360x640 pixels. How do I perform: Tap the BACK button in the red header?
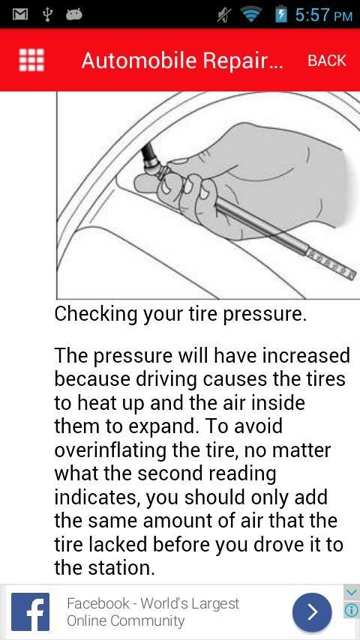(x=327, y=61)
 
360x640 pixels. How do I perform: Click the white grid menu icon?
(x=31, y=60)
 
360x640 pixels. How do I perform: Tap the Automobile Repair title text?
(x=182, y=61)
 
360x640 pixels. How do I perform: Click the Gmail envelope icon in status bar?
(x=19, y=15)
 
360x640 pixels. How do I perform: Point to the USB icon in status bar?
(x=47, y=15)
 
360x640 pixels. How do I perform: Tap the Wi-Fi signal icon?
(x=251, y=15)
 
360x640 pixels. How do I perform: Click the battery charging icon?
(x=281, y=14)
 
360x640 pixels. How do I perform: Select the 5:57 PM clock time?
(x=323, y=15)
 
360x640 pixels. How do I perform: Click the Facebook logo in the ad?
(x=30, y=612)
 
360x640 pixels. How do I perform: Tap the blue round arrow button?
(x=312, y=612)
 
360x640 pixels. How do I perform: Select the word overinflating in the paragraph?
(x=109, y=450)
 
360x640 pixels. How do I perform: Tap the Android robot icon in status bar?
(x=74, y=15)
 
